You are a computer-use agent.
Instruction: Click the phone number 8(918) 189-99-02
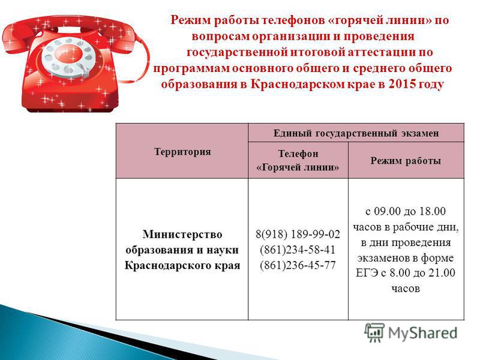coord(298,234)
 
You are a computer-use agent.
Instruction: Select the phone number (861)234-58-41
coord(298,250)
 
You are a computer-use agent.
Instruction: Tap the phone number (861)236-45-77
coord(298,265)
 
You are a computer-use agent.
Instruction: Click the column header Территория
coord(182,152)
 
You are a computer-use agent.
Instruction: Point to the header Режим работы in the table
coord(406,160)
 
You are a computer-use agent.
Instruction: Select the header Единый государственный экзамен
coord(356,133)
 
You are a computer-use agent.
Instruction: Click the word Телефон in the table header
coord(298,154)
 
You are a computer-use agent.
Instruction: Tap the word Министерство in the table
coord(182,235)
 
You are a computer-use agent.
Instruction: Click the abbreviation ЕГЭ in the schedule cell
coord(367,272)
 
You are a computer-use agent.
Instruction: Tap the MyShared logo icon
coord(374,332)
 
